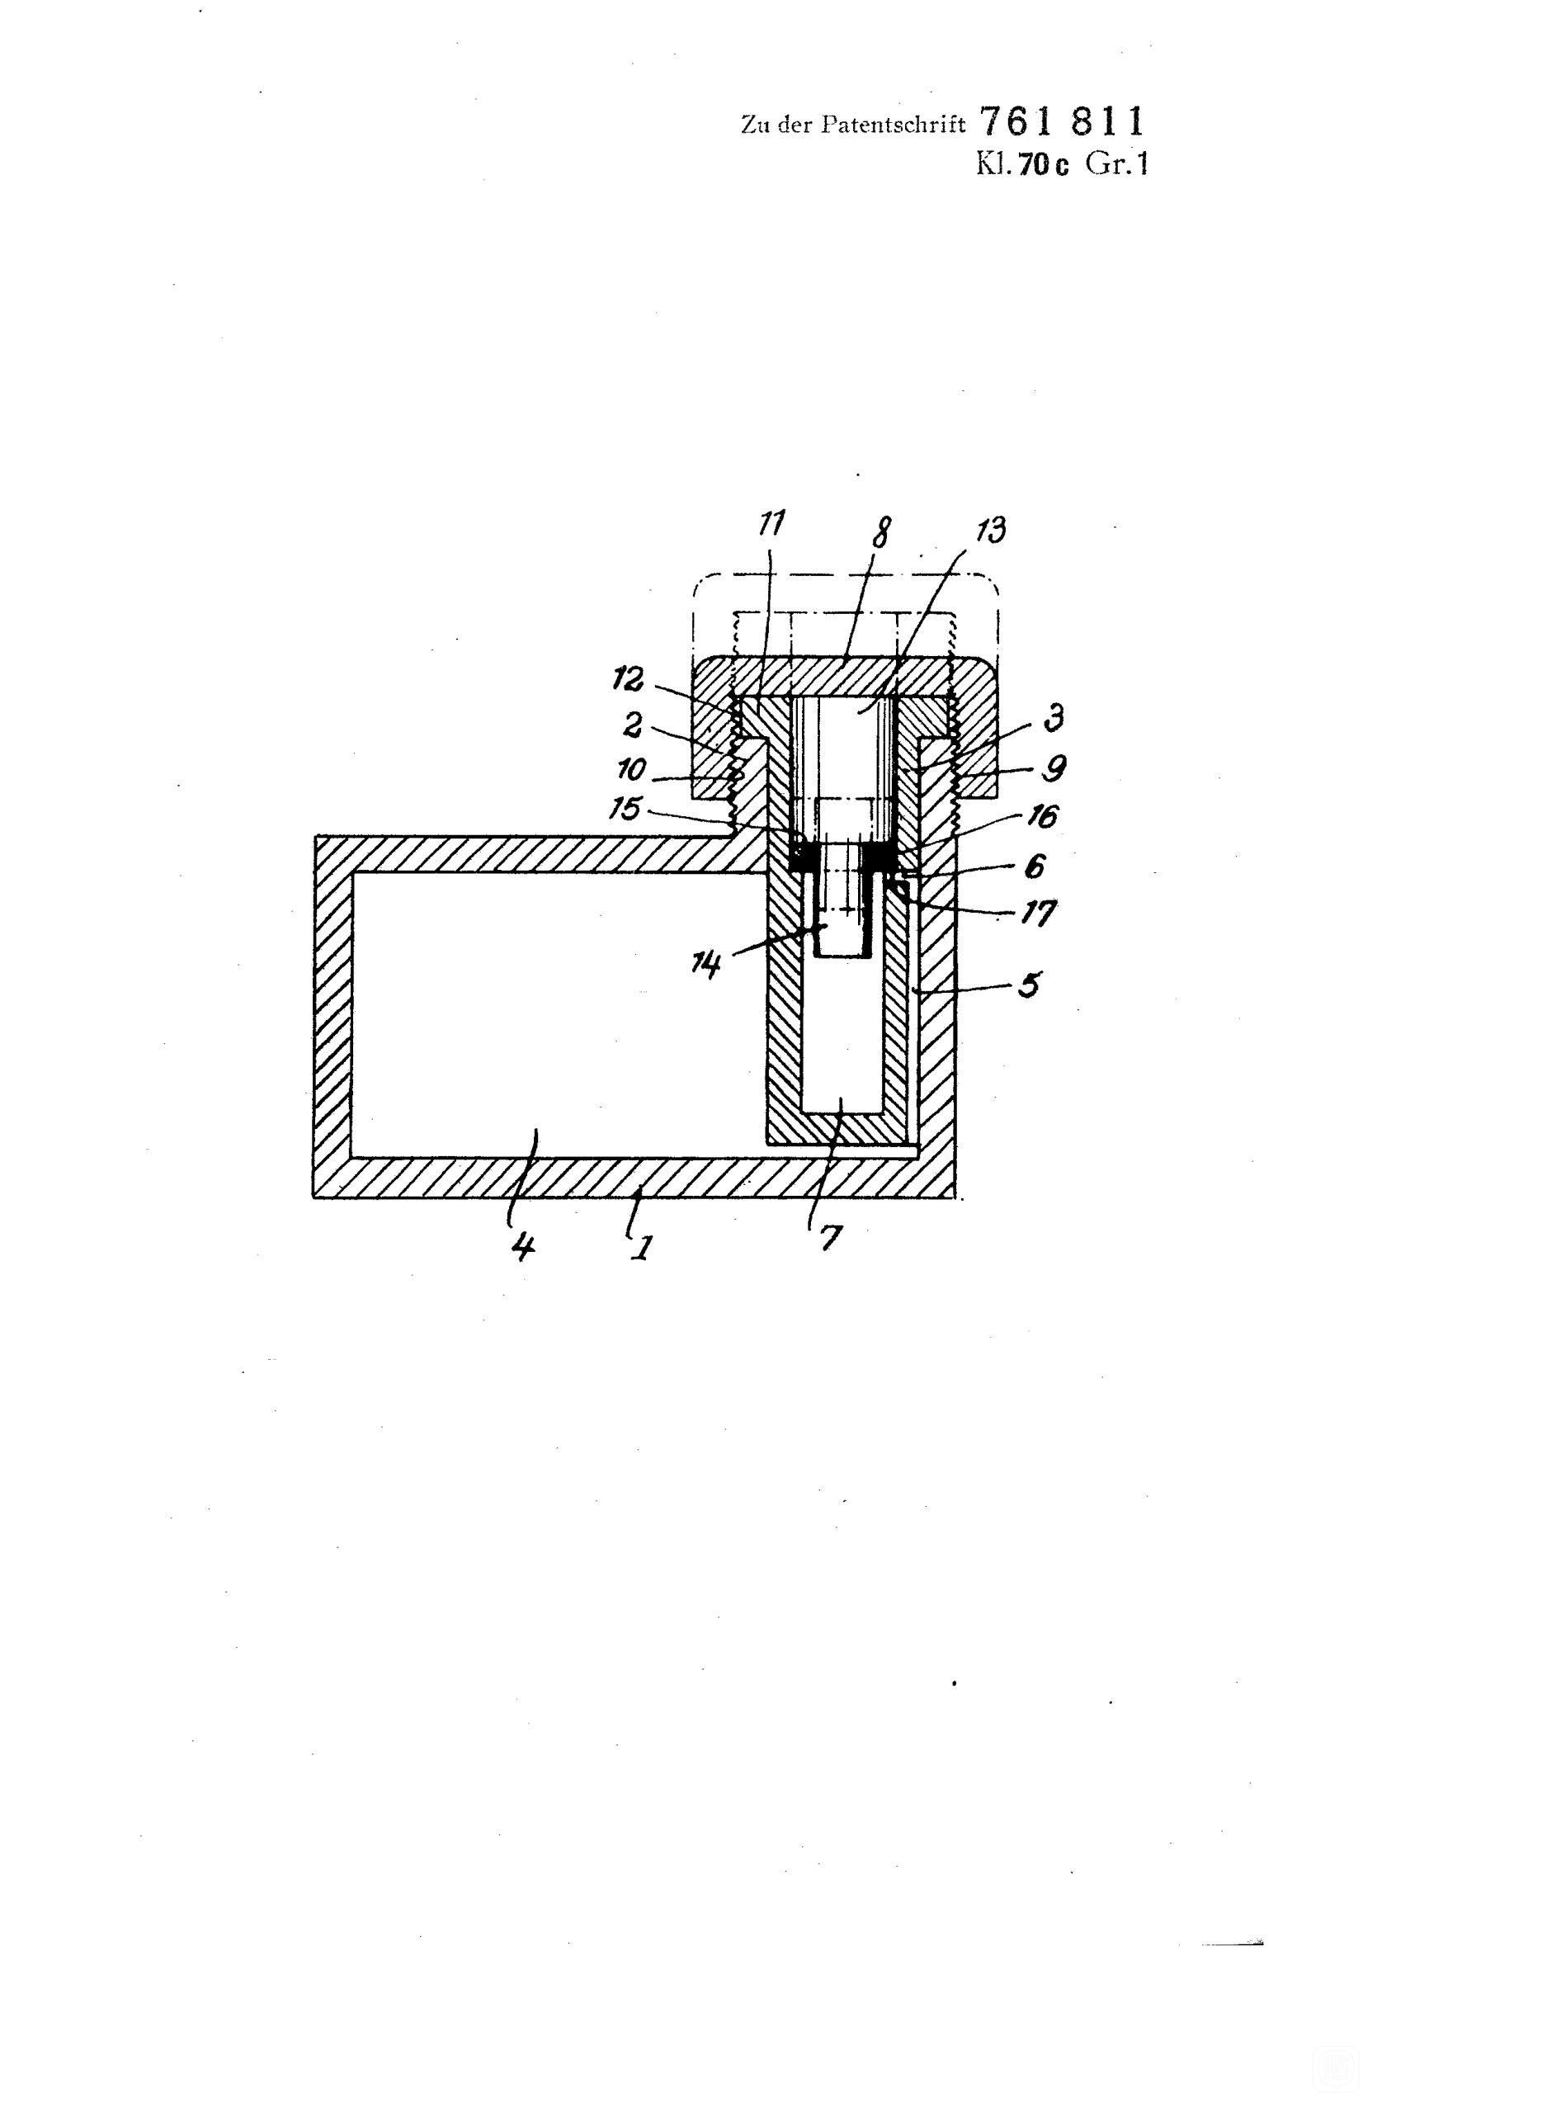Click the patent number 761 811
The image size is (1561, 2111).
(1062, 123)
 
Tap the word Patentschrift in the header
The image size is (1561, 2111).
(893, 125)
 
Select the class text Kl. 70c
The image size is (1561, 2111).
(1022, 165)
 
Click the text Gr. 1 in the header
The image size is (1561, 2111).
(1117, 164)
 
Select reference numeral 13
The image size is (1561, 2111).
(990, 529)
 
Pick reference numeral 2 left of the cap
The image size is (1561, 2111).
(632, 725)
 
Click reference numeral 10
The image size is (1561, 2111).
(631, 770)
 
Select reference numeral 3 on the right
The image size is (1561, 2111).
(1054, 717)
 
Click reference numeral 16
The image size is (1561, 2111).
(1042, 816)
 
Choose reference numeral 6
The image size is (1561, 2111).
(1035, 866)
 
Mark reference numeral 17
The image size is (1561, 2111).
(1040, 914)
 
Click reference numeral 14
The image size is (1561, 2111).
(706, 965)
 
